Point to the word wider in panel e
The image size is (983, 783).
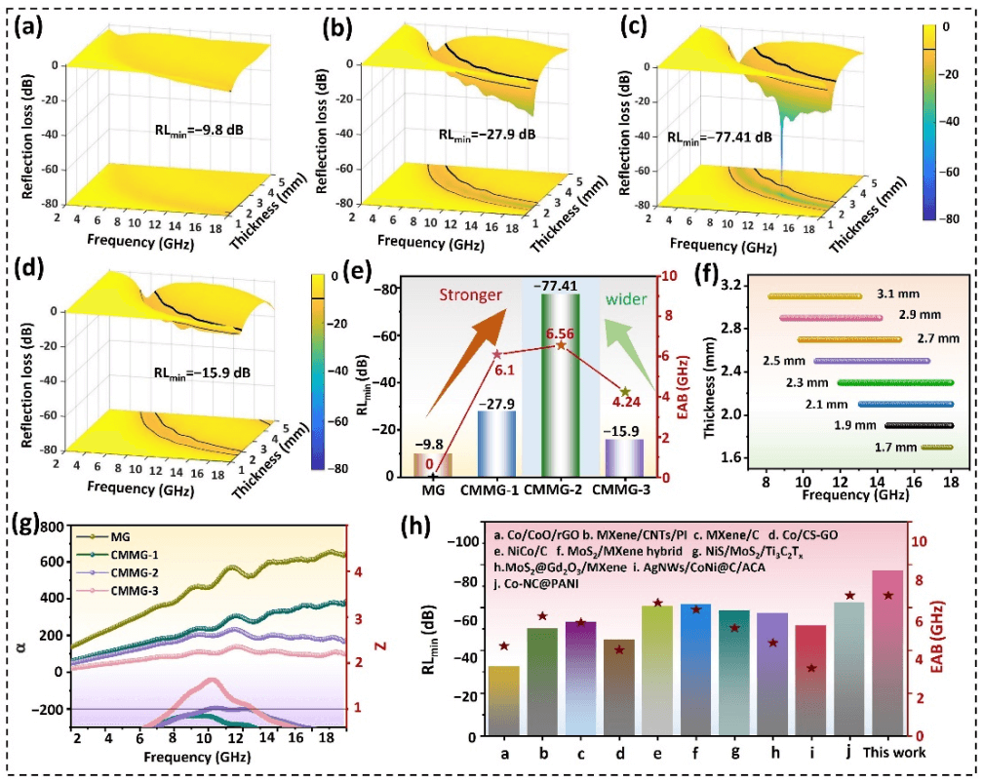pyautogui.click(x=627, y=299)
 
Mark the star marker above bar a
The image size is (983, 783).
pyautogui.click(x=504, y=646)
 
